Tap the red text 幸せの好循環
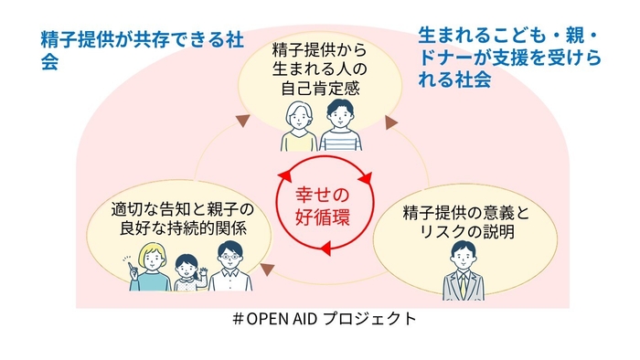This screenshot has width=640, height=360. (320, 208)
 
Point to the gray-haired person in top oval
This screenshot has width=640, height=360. (299, 127)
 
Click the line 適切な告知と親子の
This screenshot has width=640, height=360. (182, 207)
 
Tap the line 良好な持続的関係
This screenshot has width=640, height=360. (182, 227)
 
